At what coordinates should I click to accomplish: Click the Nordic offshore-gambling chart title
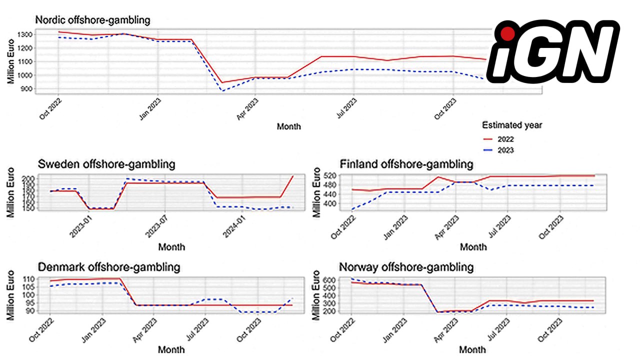[x=92, y=20]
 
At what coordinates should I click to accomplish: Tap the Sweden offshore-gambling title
[x=106, y=164]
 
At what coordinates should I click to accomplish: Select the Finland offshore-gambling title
[x=406, y=164]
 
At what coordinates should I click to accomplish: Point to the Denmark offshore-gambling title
[x=108, y=267]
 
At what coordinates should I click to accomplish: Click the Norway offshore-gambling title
[x=406, y=267]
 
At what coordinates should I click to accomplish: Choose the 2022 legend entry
[x=505, y=139]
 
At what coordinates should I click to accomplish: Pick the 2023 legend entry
[x=505, y=150]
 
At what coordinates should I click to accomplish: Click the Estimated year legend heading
[x=511, y=125]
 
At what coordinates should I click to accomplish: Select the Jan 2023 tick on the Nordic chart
[x=150, y=107]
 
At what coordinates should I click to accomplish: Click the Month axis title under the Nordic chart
[x=289, y=126]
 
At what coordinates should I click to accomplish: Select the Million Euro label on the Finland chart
[x=316, y=192]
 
